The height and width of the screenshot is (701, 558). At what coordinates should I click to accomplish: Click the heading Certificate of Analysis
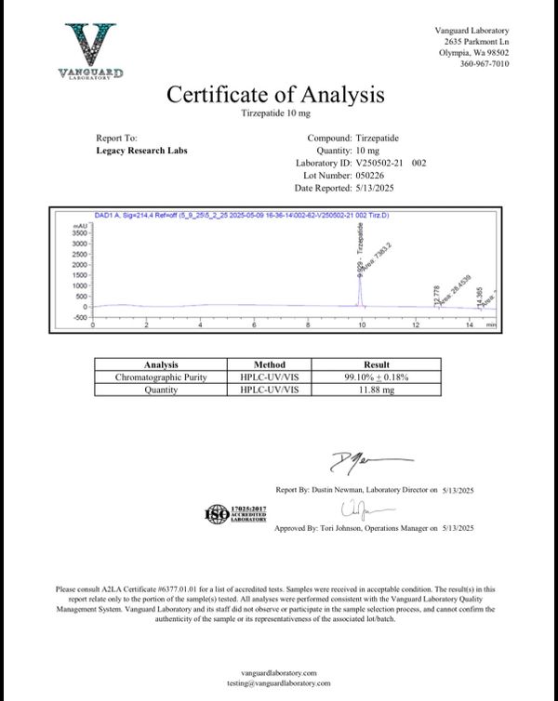[274, 94]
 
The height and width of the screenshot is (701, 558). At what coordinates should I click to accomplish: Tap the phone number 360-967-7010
[484, 64]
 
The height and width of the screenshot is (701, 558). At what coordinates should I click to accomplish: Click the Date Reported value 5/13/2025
[376, 186]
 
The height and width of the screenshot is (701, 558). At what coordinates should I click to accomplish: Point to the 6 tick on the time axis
[255, 325]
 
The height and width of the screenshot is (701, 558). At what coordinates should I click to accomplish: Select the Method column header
[270, 364]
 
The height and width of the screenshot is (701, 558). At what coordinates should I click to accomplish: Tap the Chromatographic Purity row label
[161, 377]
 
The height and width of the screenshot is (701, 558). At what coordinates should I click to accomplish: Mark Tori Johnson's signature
[357, 509]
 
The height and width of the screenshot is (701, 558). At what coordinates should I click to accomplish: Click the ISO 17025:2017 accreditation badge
[235, 514]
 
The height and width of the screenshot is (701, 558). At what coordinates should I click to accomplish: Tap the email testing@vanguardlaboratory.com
[278, 683]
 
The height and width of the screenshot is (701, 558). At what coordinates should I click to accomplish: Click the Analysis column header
[161, 364]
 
